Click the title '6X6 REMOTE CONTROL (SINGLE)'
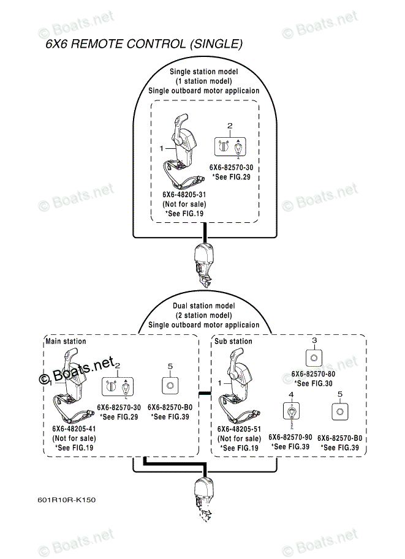[144, 44]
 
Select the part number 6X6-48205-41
[74, 429]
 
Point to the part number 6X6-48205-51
[239, 429]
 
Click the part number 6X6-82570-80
[313, 373]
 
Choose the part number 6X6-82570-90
[290, 437]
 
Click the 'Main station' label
[66, 341]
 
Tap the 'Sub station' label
[233, 341]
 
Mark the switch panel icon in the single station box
[230, 146]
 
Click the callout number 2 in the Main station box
[118, 365]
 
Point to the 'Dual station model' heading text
[203, 306]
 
